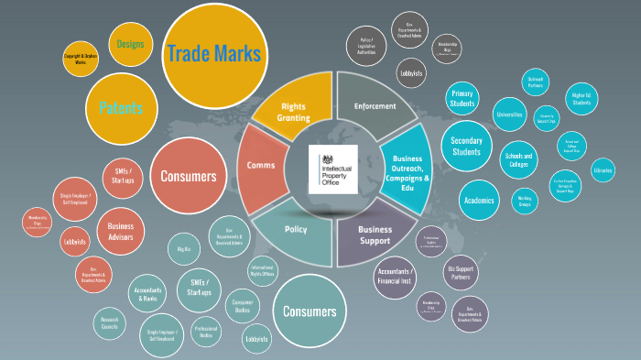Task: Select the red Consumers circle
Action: [189, 176]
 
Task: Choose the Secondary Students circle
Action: [467, 146]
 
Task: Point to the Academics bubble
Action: [478, 200]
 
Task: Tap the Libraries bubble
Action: [602, 171]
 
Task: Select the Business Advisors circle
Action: [121, 232]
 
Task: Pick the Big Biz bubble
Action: [183, 248]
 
